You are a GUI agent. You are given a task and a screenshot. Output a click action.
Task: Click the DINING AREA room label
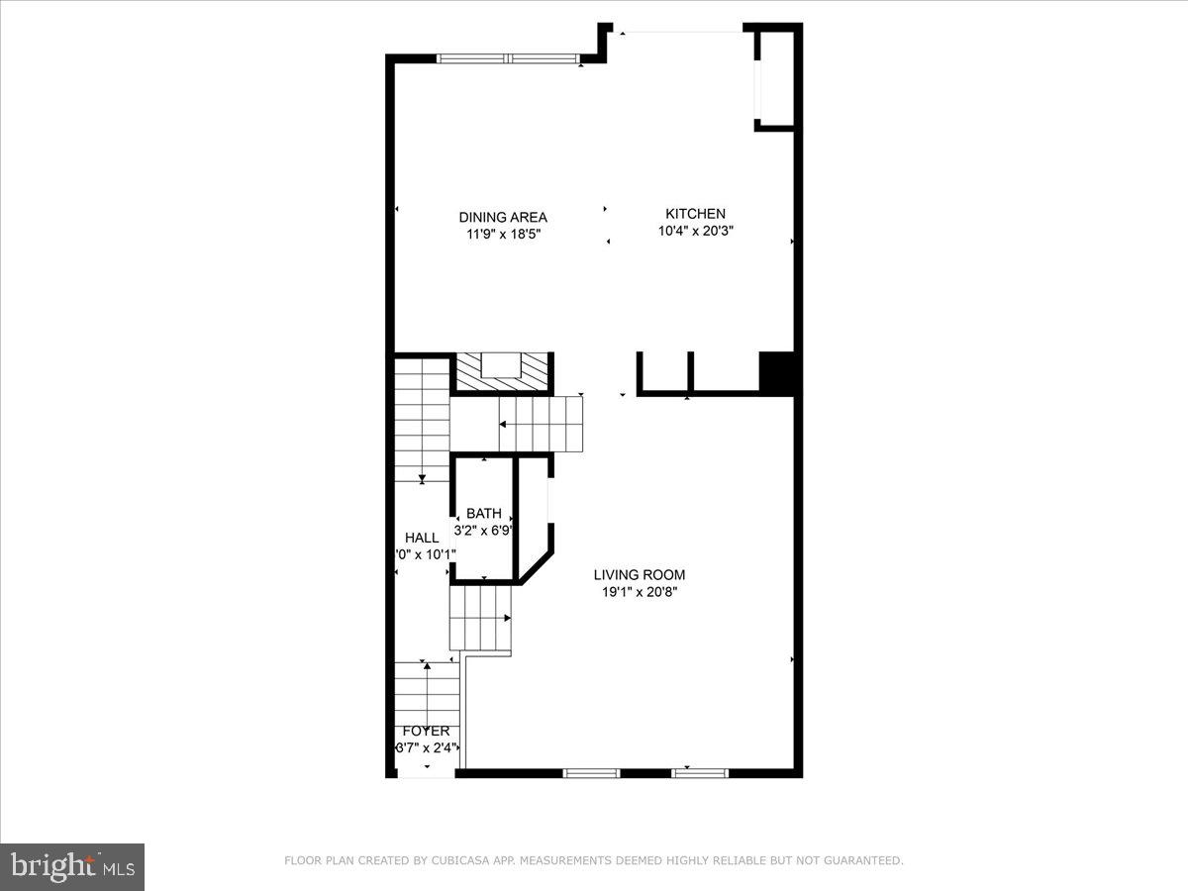tap(502, 217)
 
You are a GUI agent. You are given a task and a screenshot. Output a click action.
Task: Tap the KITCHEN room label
tap(695, 213)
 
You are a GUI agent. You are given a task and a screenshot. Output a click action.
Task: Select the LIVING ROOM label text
tap(639, 574)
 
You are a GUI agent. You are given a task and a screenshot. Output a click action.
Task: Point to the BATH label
tap(484, 513)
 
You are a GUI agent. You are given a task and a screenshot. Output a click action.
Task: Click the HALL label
tap(422, 538)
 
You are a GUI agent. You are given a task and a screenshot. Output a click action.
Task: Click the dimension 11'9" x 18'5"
tap(503, 235)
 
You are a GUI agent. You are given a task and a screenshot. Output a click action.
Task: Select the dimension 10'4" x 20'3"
tap(695, 231)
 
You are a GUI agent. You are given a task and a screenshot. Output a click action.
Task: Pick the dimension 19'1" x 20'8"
tap(639, 592)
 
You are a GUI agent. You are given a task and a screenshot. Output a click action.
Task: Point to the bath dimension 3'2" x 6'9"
tap(483, 530)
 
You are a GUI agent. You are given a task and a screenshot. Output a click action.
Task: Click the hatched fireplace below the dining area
tap(502, 371)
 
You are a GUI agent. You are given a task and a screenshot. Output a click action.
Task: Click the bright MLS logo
tap(72, 867)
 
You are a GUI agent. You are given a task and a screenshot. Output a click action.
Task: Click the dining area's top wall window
tap(508, 58)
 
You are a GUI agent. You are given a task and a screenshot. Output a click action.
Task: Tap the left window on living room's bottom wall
tap(591, 772)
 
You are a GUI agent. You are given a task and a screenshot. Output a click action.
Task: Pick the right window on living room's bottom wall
tap(700, 772)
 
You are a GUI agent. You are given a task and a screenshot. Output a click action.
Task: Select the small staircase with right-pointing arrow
tap(481, 619)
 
